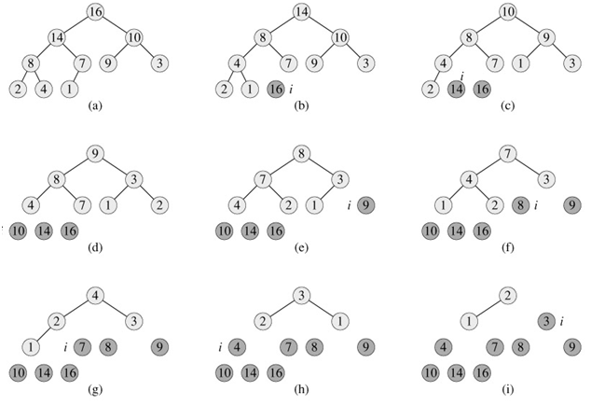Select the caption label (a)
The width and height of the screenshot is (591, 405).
click(93, 106)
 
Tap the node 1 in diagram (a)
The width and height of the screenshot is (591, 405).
click(71, 89)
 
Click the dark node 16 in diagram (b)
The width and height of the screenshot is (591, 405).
click(274, 89)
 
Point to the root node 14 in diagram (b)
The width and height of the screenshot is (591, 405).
click(301, 11)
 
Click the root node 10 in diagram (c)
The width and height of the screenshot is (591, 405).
click(506, 11)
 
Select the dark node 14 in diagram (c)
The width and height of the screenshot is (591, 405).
click(457, 89)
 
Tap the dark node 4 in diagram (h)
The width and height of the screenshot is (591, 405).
click(237, 347)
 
